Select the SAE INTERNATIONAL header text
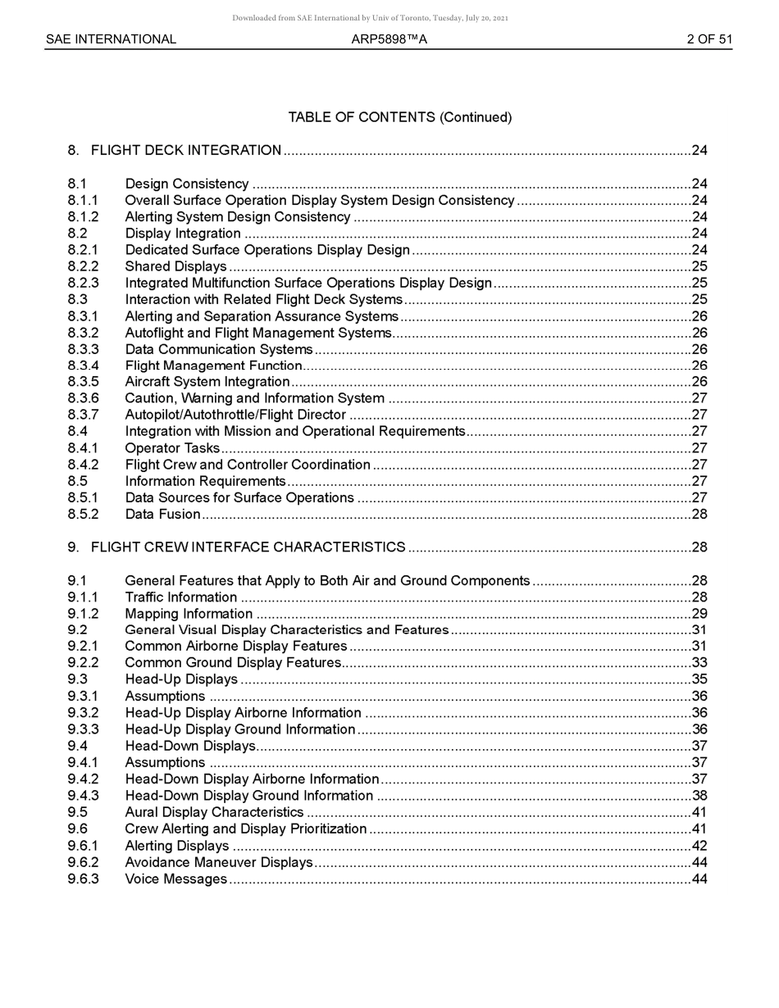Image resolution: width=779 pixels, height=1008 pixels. tap(111, 39)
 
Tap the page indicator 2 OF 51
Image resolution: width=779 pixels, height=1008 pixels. tap(709, 39)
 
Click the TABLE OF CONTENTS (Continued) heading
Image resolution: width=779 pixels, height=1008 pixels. tap(399, 117)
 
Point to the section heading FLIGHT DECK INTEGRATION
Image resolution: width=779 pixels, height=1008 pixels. tap(186, 150)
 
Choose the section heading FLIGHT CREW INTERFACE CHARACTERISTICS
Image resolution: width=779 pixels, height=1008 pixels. tap(248, 547)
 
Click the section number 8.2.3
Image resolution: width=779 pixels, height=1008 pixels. tap(83, 283)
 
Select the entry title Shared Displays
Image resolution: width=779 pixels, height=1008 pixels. tap(175, 266)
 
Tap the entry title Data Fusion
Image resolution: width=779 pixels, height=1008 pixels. tap(162, 514)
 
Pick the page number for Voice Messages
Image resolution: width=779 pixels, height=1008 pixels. tap(699, 879)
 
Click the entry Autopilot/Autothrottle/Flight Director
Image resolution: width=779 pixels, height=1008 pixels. tap(235, 415)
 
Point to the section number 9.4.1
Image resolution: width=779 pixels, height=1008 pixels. tap(83, 762)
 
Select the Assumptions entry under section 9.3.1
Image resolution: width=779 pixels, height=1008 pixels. tap(165, 696)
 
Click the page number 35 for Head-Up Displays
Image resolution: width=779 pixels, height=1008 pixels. tap(699, 679)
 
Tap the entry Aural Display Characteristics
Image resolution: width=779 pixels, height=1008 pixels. tap(214, 812)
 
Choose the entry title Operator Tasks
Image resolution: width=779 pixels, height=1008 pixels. tap(172, 447)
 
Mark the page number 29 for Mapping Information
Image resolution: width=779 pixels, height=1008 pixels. tap(699, 613)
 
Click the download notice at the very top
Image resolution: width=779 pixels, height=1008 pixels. tap(370, 17)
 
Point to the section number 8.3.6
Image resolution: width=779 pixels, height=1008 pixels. tap(83, 398)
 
